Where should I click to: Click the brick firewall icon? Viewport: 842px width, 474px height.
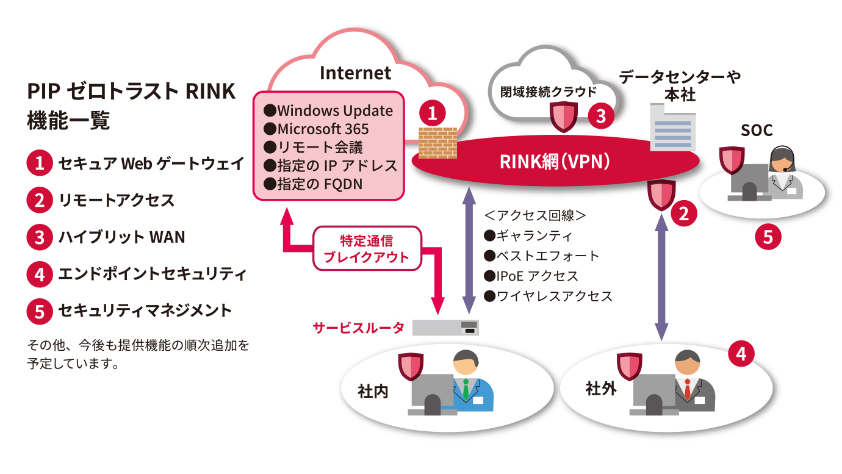point(434,142)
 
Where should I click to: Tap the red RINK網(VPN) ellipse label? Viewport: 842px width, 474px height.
point(555,162)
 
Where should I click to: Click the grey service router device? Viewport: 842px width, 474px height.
point(445,328)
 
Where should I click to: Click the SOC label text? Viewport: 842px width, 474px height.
point(756,130)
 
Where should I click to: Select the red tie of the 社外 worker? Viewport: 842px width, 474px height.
point(687,389)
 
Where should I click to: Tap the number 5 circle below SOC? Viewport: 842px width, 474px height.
point(768,237)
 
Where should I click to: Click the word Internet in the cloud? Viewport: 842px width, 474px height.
point(355,74)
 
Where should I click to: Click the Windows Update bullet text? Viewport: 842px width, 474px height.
point(328,111)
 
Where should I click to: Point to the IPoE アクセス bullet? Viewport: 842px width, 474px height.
point(531,276)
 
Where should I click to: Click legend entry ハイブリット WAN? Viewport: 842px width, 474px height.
point(121,237)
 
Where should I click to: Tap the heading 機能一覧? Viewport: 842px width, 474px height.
point(68,120)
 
